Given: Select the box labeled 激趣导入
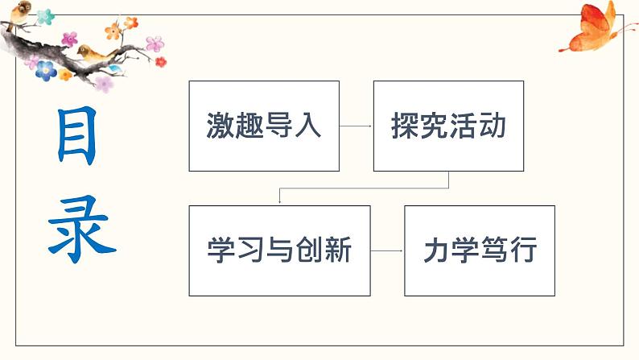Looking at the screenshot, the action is (264, 126).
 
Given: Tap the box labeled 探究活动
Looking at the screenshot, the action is (448, 126).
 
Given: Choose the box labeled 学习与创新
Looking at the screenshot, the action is (279, 250).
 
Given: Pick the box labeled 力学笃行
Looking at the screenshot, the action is (479, 250).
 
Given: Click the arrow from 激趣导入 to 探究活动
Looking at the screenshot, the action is (356, 126).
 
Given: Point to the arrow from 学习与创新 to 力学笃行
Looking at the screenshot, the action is (387, 251).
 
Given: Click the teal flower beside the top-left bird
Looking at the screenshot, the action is (45, 16).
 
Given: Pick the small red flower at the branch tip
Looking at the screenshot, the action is (160, 61).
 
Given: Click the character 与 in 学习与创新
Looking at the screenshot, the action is (278, 250).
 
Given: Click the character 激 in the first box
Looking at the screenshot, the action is (220, 126).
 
